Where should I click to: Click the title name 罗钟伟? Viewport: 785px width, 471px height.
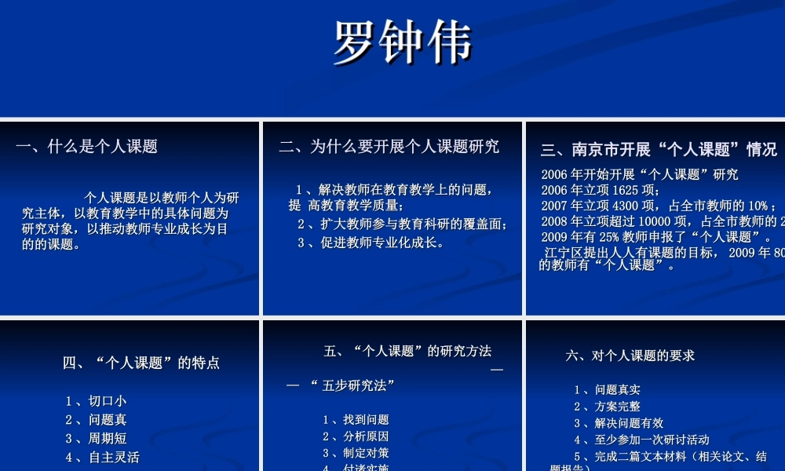point(402,42)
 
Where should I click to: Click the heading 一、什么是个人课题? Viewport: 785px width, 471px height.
point(86,146)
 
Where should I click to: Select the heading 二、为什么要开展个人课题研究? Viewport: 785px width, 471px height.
point(389,146)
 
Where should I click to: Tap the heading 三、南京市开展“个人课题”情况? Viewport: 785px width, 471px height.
point(659,149)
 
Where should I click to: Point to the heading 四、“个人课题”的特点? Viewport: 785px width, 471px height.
point(141,363)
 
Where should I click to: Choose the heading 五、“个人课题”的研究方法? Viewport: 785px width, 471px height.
point(407,351)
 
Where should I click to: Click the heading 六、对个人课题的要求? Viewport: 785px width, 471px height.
point(630,356)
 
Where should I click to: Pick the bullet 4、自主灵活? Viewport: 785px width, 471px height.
point(102,457)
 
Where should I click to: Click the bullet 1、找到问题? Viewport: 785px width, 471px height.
point(356,420)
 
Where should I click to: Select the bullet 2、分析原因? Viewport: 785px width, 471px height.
point(356,436)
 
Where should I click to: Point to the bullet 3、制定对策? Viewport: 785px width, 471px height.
point(356,453)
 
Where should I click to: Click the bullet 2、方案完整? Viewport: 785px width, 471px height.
point(607,407)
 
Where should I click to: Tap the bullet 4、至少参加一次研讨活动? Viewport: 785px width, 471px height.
point(641,440)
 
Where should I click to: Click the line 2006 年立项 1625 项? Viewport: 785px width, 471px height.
point(601,190)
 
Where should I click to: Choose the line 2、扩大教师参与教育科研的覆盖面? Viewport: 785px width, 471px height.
point(402,225)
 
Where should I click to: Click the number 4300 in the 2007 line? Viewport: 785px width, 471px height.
point(629,206)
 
